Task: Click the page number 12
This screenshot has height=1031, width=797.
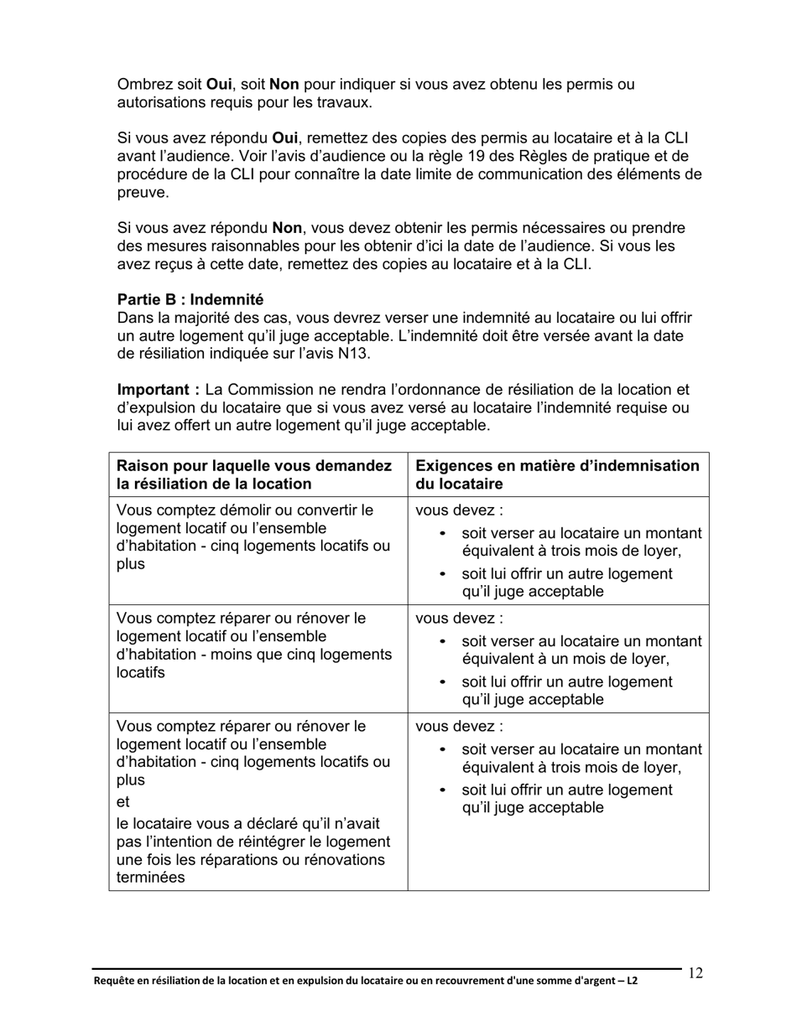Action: click(695, 973)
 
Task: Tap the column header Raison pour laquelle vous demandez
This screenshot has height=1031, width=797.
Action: click(253, 466)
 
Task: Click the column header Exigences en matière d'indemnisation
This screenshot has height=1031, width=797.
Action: click(557, 466)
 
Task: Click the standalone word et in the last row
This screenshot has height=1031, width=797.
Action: click(122, 801)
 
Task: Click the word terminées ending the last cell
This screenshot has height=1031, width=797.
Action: click(151, 878)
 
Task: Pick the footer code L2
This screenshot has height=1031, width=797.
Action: click(631, 980)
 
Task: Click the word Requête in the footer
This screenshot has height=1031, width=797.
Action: click(113, 980)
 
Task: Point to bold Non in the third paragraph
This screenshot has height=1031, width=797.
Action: click(287, 228)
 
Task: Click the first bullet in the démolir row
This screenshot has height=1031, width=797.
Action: click(443, 535)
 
